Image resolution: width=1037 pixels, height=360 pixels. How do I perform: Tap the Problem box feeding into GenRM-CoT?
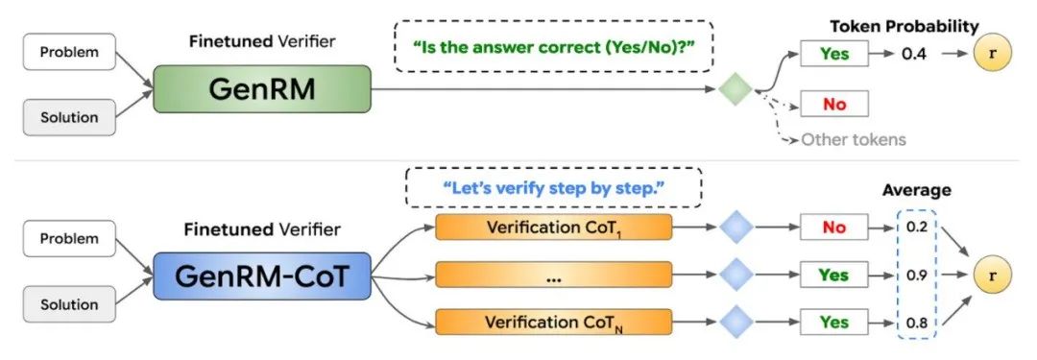(x=68, y=237)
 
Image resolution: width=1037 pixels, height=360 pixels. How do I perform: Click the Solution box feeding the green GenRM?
(x=68, y=117)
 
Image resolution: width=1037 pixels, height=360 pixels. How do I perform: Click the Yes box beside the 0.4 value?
(x=834, y=54)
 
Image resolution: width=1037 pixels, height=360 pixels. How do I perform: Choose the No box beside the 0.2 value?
(x=834, y=228)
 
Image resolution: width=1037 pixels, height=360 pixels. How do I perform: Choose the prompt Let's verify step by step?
(x=553, y=186)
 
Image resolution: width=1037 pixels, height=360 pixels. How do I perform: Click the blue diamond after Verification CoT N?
(x=736, y=322)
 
